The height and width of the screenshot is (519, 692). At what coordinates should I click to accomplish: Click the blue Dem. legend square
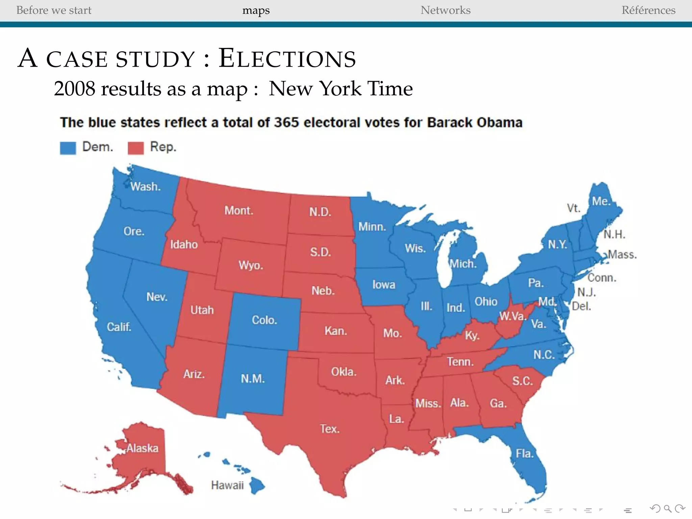coord(68,148)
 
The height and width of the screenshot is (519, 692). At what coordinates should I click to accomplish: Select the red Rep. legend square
coord(135,148)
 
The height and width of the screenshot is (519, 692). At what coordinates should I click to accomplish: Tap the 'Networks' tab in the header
coord(445,10)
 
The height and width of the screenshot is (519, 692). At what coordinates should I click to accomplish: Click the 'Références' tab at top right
coord(648,10)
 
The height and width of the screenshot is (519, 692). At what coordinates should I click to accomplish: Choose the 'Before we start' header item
coord(54,10)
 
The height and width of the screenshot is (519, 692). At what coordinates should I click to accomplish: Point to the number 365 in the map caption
coord(287,122)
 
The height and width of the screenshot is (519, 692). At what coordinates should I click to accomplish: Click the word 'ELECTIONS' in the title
coord(287,58)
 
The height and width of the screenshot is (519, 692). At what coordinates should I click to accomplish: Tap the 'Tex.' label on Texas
coord(330,429)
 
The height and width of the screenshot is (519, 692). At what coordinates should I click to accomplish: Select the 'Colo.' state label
coord(264,320)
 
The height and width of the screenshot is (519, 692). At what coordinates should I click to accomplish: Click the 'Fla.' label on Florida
coord(524,453)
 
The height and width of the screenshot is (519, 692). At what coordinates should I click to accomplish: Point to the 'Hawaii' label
coord(227,485)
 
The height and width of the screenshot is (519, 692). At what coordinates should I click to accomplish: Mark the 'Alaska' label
coord(142,448)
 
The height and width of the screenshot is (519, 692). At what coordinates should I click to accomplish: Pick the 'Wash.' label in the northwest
coord(145,186)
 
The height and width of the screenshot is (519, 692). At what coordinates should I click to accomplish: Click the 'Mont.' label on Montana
coord(239,211)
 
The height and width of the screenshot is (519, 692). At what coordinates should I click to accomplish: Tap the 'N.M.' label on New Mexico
coord(252,378)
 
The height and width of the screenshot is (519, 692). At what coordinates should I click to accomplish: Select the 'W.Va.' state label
coord(513,316)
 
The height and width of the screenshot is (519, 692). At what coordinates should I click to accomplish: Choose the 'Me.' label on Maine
coord(601,201)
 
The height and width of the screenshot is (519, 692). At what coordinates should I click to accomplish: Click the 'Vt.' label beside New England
coord(573,208)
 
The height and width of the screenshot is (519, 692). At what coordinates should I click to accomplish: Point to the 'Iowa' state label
coord(384,285)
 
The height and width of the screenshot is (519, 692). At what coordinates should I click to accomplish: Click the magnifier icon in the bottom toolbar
coord(667,509)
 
